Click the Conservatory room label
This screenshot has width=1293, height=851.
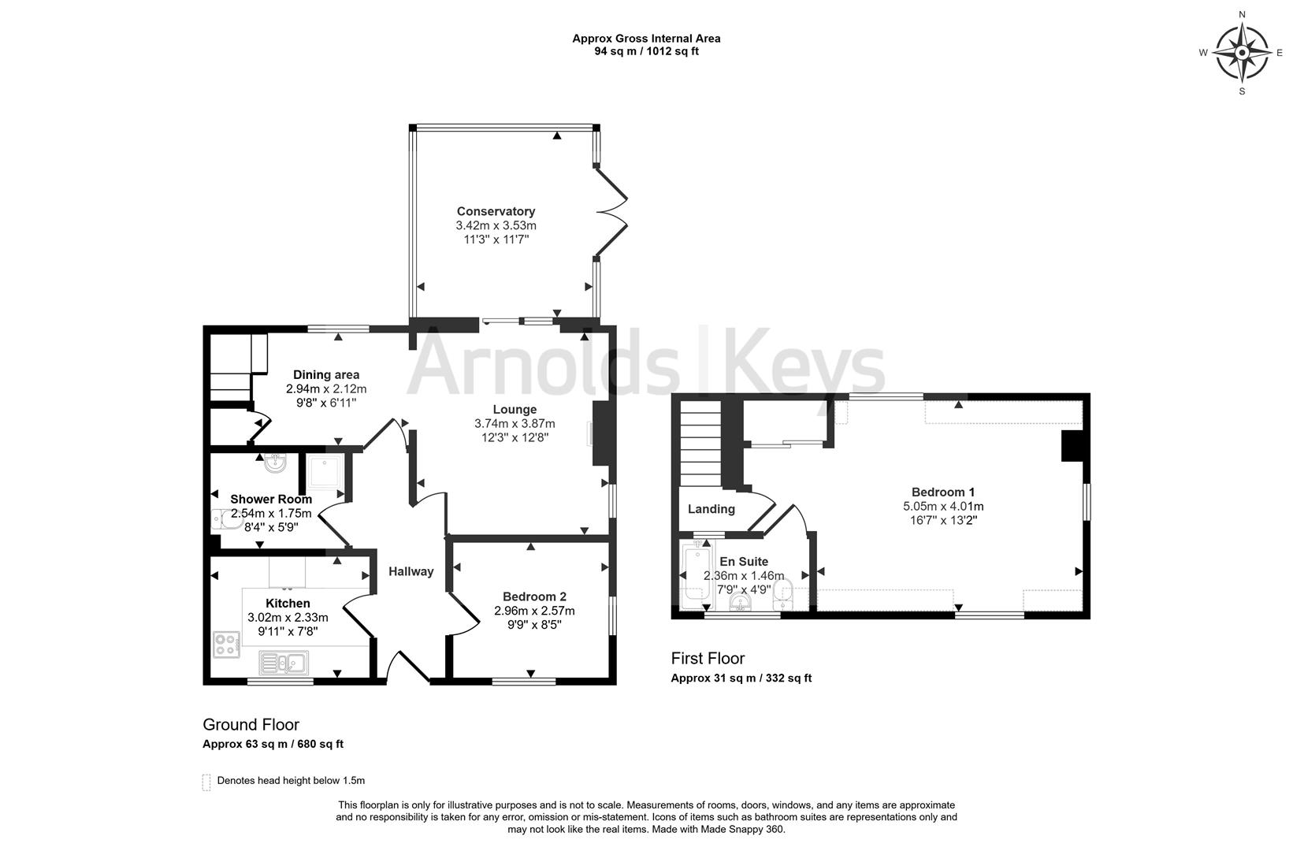496,211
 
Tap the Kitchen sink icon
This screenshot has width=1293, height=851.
284,662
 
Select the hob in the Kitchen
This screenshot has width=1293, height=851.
226,645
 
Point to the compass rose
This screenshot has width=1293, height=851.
1242,53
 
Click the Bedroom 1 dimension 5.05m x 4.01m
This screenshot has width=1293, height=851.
943,507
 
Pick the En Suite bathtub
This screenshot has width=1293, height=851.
697,574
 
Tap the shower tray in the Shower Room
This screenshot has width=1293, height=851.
325,472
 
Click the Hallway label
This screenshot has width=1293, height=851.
411,571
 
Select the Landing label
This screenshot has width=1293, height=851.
712,509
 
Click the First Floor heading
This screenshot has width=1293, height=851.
708,658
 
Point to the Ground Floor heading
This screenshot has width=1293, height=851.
251,725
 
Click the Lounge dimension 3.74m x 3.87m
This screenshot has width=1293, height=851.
515,424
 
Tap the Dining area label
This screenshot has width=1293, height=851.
326,375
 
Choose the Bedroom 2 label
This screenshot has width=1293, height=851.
534,597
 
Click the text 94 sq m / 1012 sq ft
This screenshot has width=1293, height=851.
646,51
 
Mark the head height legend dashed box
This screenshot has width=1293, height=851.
206,782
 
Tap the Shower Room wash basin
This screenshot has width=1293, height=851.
275,463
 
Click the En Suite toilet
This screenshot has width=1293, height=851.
782,596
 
